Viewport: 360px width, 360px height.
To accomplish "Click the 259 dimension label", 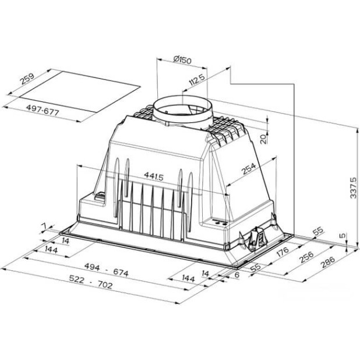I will click(x=26, y=82).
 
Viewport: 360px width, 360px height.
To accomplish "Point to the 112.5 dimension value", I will click(x=197, y=79).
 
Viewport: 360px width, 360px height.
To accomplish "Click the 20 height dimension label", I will click(x=264, y=137).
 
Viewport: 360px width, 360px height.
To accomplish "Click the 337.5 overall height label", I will click(x=352, y=188).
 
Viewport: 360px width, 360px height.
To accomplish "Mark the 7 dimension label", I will click(x=44, y=225).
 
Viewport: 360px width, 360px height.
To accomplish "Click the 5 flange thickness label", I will click(x=343, y=237).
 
